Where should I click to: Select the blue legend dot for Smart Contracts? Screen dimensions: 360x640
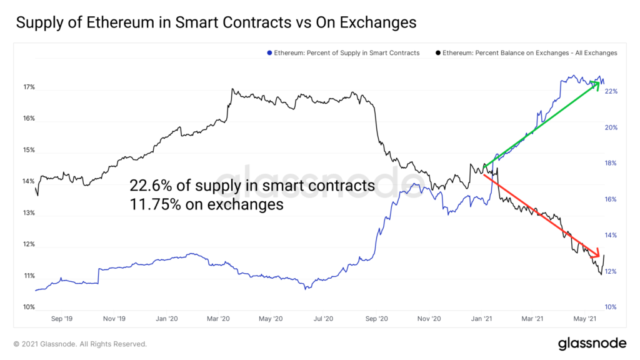(x=269, y=53)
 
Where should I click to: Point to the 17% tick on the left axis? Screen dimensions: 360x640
(x=28, y=87)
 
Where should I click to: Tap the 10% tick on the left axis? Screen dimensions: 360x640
(x=28, y=307)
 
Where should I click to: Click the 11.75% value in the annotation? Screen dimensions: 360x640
(x=152, y=204)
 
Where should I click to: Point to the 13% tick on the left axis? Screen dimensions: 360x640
(x=28, y=213)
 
